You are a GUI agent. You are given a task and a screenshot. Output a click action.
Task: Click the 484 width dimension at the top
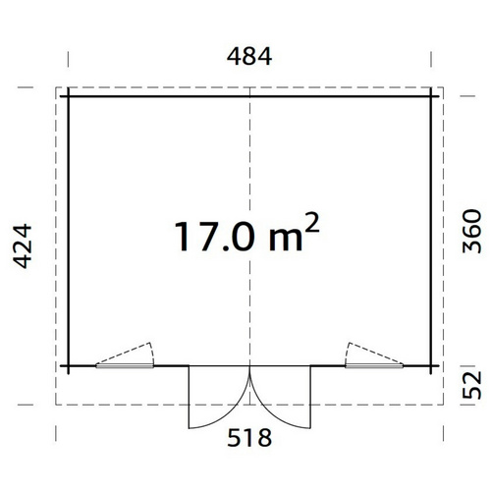(249, 57)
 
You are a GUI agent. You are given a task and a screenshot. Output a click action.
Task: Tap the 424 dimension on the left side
(23, 246)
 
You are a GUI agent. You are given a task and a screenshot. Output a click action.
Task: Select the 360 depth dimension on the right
(471, 232)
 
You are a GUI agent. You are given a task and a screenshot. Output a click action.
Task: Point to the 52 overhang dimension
(471, 385)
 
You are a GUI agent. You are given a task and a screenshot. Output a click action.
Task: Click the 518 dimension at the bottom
(249, 438)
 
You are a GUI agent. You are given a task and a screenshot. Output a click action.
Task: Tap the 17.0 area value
(214, 237)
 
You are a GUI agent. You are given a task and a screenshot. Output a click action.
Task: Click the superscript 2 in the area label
(311, 223)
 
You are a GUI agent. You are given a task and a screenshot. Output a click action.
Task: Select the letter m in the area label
(286, 241)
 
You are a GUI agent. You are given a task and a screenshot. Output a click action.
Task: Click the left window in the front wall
(125, 366)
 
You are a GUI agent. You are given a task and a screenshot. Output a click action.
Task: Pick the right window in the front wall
(374, 366)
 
